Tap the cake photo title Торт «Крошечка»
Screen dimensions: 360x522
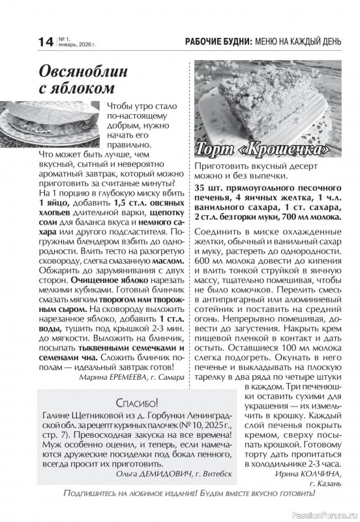[x=260, y=149]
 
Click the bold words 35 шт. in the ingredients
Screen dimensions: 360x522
[x=211, y=188]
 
